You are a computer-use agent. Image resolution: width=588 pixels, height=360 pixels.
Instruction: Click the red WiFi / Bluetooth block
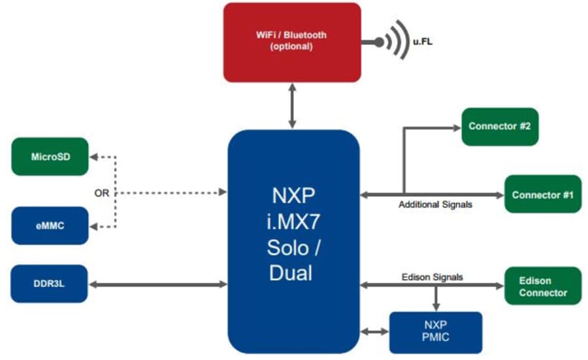point(291,42)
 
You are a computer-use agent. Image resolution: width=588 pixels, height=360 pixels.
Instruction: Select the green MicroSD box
point(50,156)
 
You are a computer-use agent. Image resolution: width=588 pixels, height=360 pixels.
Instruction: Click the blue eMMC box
point(50,226)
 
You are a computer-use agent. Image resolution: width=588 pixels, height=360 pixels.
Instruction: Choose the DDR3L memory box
point(50,284)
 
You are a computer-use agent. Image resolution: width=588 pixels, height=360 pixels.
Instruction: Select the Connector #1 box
point(542,194)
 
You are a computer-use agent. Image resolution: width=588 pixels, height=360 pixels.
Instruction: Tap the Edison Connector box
point(542,286)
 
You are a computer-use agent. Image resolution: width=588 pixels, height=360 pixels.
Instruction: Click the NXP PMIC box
point(436,333)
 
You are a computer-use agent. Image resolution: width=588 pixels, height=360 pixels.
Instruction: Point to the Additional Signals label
point(435,205)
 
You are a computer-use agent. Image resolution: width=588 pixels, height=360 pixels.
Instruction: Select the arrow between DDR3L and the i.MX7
point(157,284)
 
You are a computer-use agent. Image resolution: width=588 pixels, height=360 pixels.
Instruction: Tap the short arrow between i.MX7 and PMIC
point(374,332)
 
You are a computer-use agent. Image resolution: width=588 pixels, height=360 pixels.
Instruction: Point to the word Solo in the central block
point(291,248)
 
